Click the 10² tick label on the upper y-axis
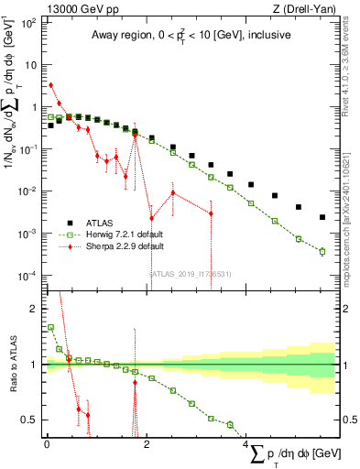pyautogui.click(x=29, y=22)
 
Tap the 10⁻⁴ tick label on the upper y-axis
pyautogui.click(x=27, y=276)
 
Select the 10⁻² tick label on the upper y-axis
pyautogui.click(x=27, y=191)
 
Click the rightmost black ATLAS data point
pyautogui.click(x=322, y=217)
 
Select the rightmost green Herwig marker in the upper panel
pyautogui.click(x=322, y=251)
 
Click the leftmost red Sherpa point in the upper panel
pyautogui.click(x=50, y=85)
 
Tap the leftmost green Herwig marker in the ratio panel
pyautogui.click(x=50, y=327)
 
